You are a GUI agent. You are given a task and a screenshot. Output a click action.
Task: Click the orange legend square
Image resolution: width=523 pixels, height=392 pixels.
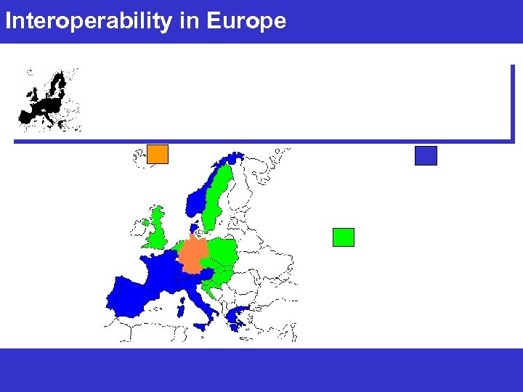click(158, 154)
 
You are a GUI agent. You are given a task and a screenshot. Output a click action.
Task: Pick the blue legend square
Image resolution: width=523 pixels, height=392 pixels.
click(426, 155)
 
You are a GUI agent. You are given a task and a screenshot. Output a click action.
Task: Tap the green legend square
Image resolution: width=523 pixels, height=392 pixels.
click(343, 237)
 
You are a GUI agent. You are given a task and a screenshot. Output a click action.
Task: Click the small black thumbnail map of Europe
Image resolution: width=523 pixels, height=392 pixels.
click(49, 99)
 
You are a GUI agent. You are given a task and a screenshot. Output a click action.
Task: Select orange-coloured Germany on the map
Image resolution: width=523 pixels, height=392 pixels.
click(193, 255)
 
